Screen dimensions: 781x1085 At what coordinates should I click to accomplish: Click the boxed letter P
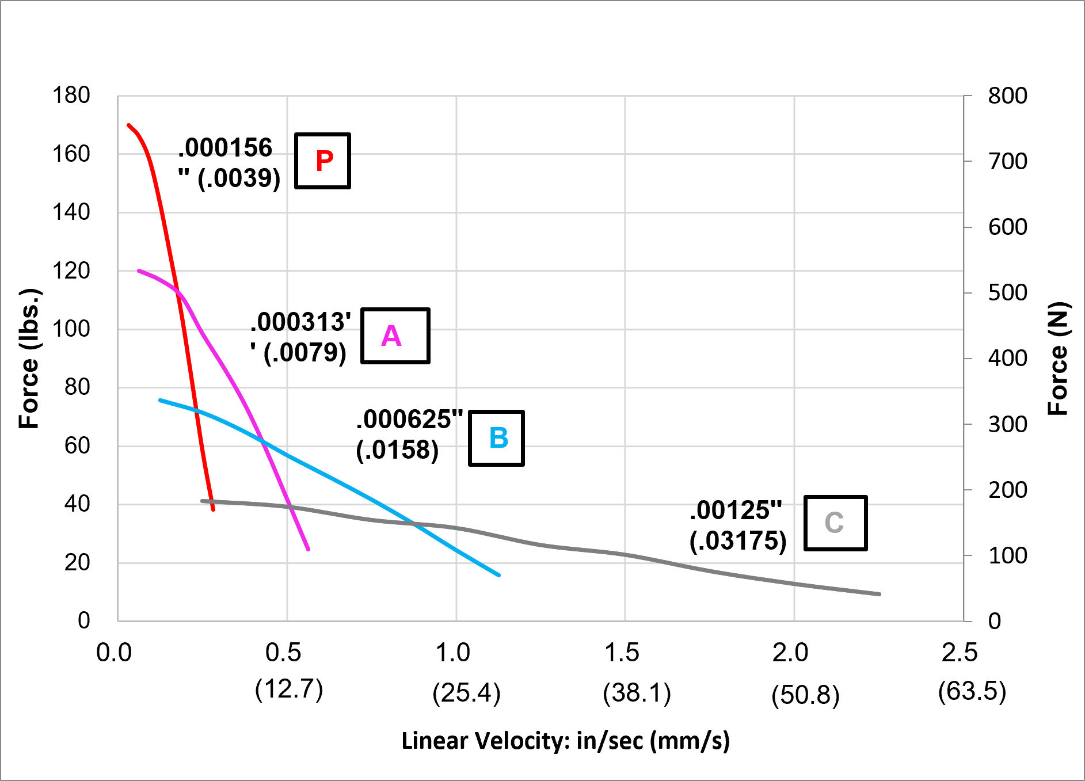(x=323, y=161)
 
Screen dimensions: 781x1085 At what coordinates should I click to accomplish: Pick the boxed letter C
(x=835, y=523)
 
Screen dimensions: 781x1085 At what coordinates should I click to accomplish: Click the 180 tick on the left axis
(x=71, y=96)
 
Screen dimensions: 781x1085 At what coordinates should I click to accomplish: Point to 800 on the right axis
(x=1008, y=96)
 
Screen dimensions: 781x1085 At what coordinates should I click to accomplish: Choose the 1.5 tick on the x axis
(x=622, y=653)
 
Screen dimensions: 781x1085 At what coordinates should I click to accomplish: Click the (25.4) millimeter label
(x=467, y=693)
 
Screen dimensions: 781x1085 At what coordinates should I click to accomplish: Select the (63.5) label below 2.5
(x=972, y=691)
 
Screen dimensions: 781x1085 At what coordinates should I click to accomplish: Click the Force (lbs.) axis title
(x=29, y=358)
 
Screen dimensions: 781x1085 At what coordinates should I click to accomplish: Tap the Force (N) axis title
(x=1058, y=358)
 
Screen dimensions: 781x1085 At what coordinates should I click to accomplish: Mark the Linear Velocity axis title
(x=565, y=741)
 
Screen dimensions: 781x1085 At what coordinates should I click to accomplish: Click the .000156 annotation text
(x=225, y=148)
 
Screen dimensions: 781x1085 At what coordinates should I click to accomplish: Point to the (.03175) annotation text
(x=738, y=541)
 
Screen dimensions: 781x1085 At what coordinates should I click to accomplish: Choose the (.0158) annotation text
(x=397, y=450)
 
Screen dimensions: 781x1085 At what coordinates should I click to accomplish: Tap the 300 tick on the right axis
(x=1008, y=425)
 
